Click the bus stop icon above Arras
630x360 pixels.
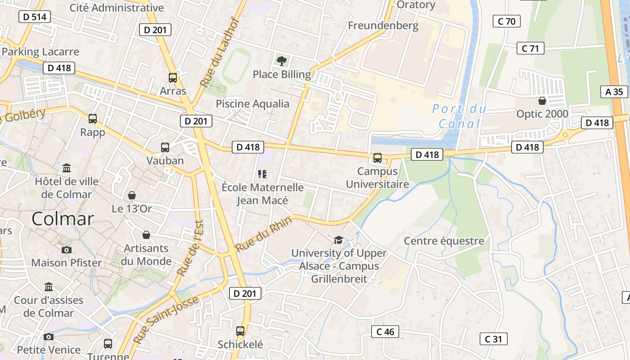click(173, 77)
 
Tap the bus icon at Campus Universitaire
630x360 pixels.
click(378, 158)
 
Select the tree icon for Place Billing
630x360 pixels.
click(282, 61)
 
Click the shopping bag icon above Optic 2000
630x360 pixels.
click(542, 101)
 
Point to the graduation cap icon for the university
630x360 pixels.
click(338, 240)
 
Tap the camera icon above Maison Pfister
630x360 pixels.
click(67, 250)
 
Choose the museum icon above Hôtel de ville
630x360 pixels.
click(67, 168)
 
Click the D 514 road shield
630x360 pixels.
click(35, 17)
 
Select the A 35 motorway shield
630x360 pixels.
click(614, 92)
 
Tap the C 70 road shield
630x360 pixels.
click(507, 21)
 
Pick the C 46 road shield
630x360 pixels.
click(385, 332)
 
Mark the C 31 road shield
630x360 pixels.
click(494, 339)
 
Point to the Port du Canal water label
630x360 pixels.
click(459, 116)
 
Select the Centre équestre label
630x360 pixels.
click(444, 241)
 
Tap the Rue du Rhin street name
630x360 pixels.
click(264, 234)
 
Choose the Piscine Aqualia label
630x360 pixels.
click(252, 103)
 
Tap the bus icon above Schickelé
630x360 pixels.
click(240, 331)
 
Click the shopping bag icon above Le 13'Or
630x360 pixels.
click(132, 195)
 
